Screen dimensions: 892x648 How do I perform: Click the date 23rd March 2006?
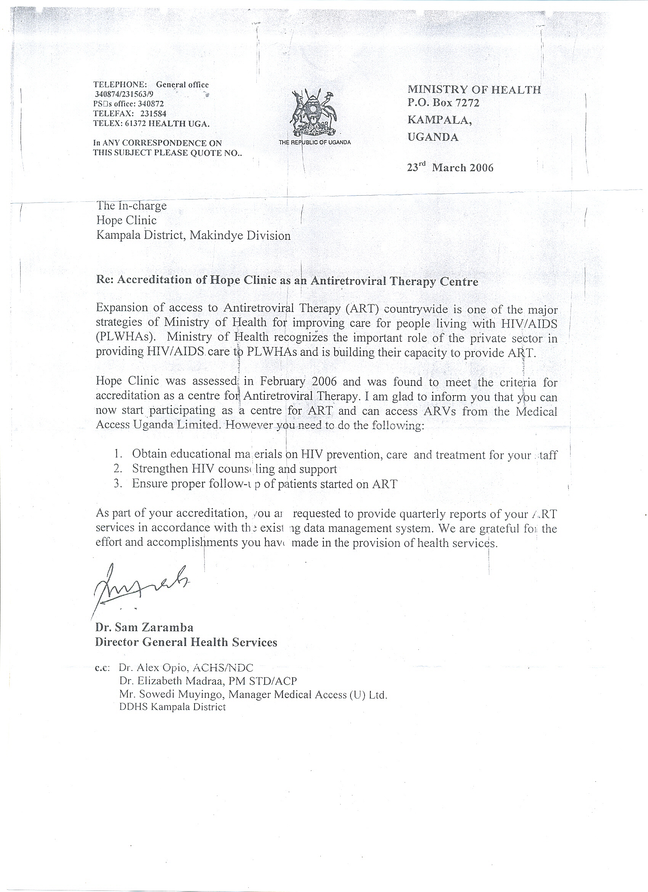(x=450, y=167)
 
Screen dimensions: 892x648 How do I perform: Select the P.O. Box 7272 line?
(x=443, y=103)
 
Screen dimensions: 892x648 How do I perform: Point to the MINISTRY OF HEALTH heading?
(x=474, y=90)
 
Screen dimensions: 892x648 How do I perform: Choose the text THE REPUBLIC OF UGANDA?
(x=314, y=142)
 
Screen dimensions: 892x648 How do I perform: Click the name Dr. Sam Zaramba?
(x=144, y=627)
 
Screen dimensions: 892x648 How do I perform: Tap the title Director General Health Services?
(x=186, y=642)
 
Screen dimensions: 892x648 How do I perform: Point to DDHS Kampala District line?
(x=172, y=707)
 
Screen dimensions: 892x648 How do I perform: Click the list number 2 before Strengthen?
(x=117, y=469)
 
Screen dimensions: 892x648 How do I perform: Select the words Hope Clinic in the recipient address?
(x=126, y=220)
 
